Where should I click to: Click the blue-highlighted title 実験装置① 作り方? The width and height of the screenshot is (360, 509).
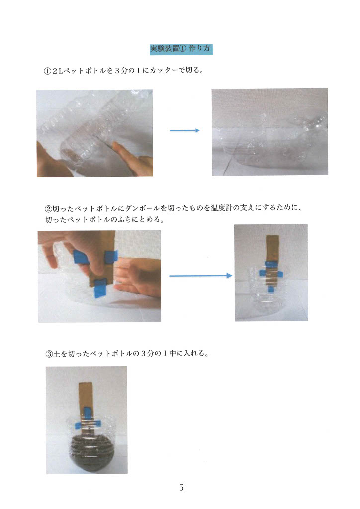coord(181,49)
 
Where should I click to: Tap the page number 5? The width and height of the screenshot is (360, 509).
coord(181,487)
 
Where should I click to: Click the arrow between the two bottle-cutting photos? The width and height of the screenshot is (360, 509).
coord(184,131)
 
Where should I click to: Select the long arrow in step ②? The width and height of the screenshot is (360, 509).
coord(200,276)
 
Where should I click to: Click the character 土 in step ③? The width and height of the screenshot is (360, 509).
coord(57,353)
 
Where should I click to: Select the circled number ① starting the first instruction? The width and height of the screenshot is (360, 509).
coord(47,71)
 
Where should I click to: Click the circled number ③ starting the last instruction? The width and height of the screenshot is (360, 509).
coord(49,354)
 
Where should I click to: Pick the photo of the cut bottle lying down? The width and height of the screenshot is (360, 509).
coord(270,132)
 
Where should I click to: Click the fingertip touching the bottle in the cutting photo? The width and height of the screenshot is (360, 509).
coord(115,146)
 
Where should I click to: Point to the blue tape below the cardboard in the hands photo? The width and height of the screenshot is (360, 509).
coord(100,291)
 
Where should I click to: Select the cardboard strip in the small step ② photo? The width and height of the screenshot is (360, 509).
coord(271,259)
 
